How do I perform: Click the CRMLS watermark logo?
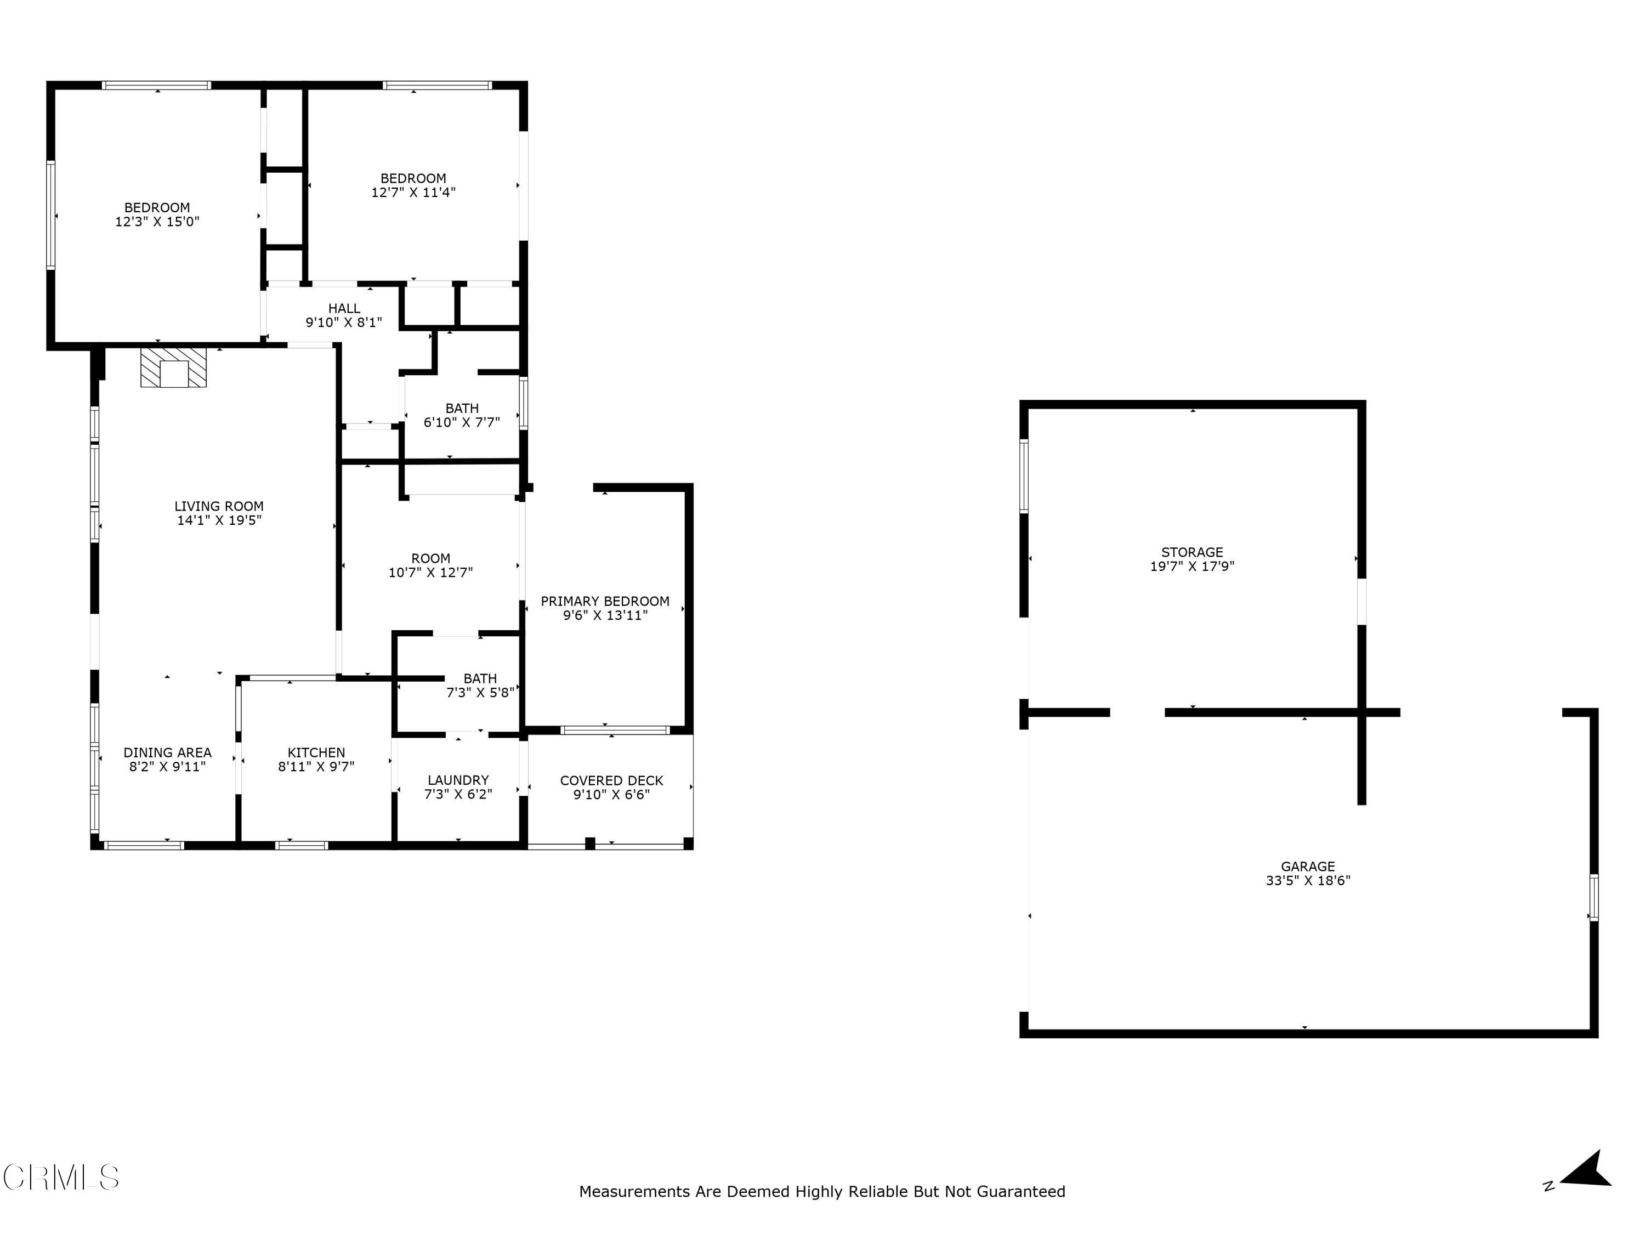pyautogui.click(x=61, y=1178)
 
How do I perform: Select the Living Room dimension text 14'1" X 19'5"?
pyautogui.click(x=219, y=520)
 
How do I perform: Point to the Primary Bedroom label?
pyautogui.click(x=605, y=601)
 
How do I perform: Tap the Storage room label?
pyautogui.click(x=1192, y=552)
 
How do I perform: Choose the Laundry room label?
pyautogui.click(x=458, y=780)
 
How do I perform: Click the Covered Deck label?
pyautogui.click(x=611, y=780)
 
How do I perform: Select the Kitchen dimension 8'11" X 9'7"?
pyautogui.click(x=316, y=767)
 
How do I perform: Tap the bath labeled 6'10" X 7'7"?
pyautogui.click(x=462, y=415)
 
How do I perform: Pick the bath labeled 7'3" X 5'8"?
pyautogui.click(x=480, y=685)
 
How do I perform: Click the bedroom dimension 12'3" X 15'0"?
pyautogui.click(x=157, y=222)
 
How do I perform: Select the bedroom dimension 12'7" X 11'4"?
pyautogui.click(x=413, y=193)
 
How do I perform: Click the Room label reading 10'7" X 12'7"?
pyautogui.click(x=430, y=565)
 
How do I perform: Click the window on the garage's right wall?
pyautogui.click(x=1593, y=898)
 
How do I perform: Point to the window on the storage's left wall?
pyautogui.click(x=1024, y=476)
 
